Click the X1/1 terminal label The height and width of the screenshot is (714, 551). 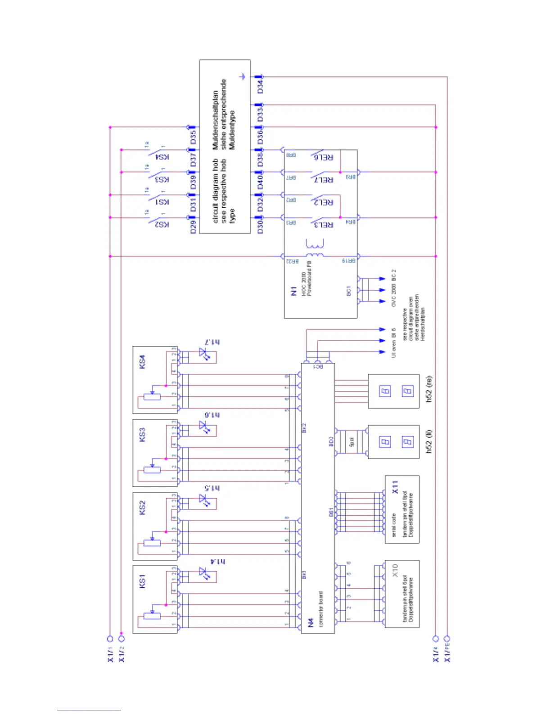pyautogui.click(x=110, y=654)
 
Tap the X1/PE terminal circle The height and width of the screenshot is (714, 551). pyautogui.click(x=447, y=638)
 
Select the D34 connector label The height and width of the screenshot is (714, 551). pyautogui.click(x=260, y=86)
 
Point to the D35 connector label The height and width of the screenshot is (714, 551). pyautogui.click(x=193, y=137)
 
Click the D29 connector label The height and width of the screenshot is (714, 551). pyautogui.click(x=193, y=227)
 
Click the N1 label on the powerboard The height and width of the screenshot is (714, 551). pyautogui.click(x=294, y=291)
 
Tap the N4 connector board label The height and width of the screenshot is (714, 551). pyautogui.click(x=311, y=622)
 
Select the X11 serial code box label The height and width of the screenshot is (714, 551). pyautogui.click(x=395, y=487)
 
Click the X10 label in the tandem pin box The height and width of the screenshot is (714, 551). pyautogui.click(x=395, y=570)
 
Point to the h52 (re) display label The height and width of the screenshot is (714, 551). pyautogui.click(x=429, y=389)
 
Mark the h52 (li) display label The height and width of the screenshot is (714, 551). pyautogui.click(x=429, y=441)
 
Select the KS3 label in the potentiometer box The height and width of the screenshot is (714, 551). pyautogui.click(x=143, y=435)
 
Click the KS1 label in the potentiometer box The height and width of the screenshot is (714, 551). pyautogui.click(x=143, y=581)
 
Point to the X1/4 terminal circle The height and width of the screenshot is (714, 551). pyautogui.click(x=435, y=638)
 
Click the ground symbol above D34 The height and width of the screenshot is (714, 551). pyautogui.click(x=243, y=77)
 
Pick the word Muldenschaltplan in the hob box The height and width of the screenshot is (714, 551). pyautogui.click(x=216, y=120)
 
